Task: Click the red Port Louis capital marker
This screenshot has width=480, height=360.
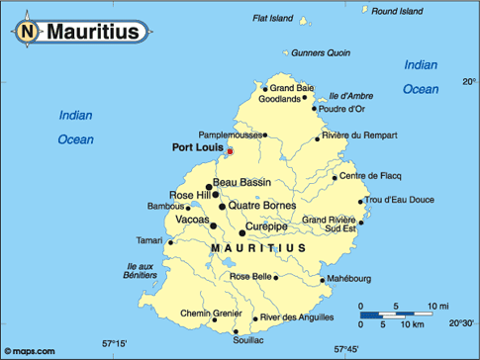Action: pyautogui.click(x=230, y=151)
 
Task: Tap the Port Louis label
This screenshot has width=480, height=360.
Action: pyautogui.click(x=196, y=148)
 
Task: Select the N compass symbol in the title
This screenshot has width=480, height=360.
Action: pyautogui.click(x=27, y=32)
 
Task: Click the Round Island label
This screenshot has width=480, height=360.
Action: pyautogui.click(x=398, y=10)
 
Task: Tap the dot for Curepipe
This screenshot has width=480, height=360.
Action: pyautogui.click(x=242, y=233)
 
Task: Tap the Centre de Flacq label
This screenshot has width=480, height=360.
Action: pyautogui.click(x=366, y=177)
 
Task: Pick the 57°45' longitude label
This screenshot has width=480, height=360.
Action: pyautogui.click(x=346, y=348)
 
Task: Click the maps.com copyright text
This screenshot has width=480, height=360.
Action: pyautogui.click(x=31, y=351)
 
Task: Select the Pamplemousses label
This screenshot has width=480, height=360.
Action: pyautogui.click(x=232, y=134)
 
